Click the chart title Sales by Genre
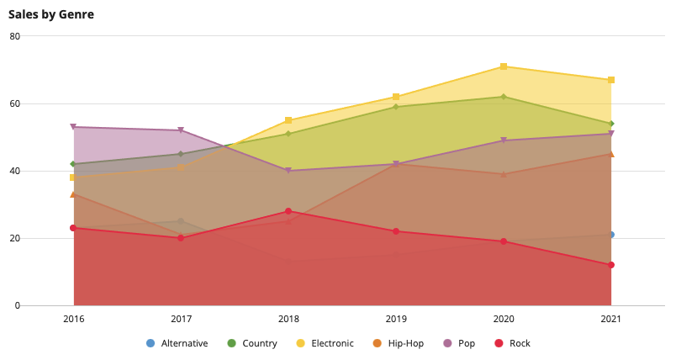click(x=51, y=14)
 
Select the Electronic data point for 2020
click(x=503, y=66)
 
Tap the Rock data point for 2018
click(x=288, y=211)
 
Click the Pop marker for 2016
click(x=73, y=127)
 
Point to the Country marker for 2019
click(x=396, y=107)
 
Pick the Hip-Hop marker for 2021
click(x=611, y=154)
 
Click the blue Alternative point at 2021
click(x=611, y=235)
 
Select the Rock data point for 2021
click(x=611, y=265)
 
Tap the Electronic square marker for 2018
click(x=288, y=120)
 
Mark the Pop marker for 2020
click(x=503, y=140)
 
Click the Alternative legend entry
click(x=177, y=343)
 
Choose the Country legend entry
click(x=252, y=343)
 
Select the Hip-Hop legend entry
click(x=399, y=343)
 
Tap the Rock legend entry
click(x=512, y=343)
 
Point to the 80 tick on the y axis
click(x=15, y=36)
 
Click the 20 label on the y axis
click(x=15, y=238)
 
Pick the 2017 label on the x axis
click(x=181, y=319)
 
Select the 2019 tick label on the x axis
click(x=396, y=319)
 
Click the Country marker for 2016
click(x=73, y=164)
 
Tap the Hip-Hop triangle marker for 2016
click(x=73, y=194)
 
